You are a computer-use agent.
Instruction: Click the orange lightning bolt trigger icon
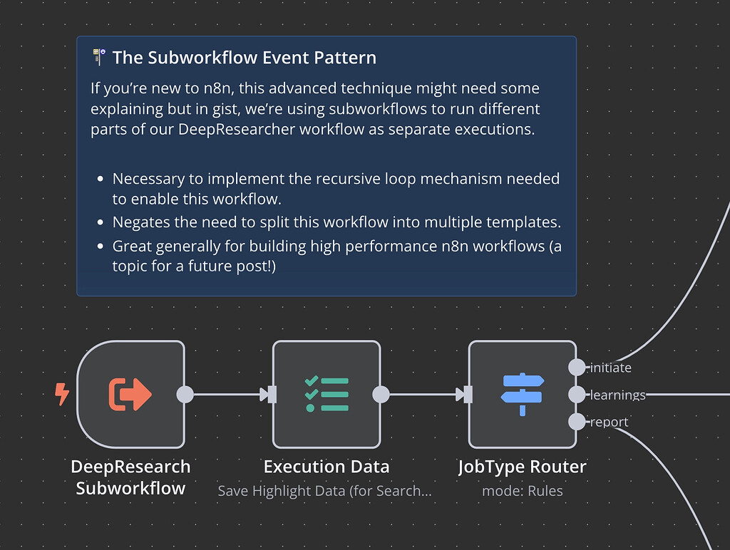point(63,394)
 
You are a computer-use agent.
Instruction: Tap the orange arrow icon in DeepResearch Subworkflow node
point(130,394)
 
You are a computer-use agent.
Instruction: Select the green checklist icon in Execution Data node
point(327,394)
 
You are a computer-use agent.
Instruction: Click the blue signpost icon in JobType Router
point(523,394)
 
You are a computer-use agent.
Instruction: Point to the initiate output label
point(611,368)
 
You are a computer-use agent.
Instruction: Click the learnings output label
point(618,395)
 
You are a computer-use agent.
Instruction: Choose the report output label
point(610,422)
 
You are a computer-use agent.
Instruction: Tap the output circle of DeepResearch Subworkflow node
point(185,394)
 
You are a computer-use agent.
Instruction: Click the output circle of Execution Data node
point(381,394)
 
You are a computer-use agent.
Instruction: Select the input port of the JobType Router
point(468,394)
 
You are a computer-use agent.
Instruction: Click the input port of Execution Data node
point(272,394)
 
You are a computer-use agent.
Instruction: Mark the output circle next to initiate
point(577,368)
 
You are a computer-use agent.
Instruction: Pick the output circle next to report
point(577,422)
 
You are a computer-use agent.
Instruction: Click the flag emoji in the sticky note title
point(100,57)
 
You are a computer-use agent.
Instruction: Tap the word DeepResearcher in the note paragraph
point(242,130)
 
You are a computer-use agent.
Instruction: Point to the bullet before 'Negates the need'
point(99,223)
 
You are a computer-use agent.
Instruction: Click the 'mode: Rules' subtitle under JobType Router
point(523,491)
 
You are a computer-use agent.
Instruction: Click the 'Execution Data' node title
point(327,467)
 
